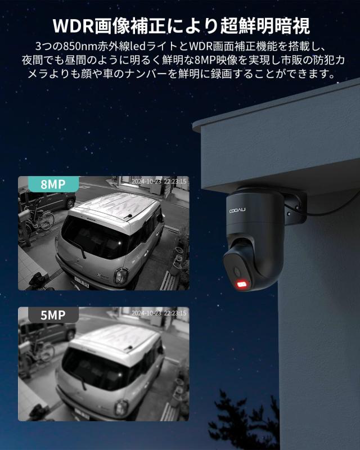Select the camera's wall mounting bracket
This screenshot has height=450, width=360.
pyautogui.click(x=294, y=206)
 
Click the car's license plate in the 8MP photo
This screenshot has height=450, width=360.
pyautogui.click(x=82, y=283)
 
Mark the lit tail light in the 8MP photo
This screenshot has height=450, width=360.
pyautogui.click(x=120, y=275)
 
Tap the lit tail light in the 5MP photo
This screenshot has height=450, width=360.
pyautogui.click(x=120, y=406)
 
